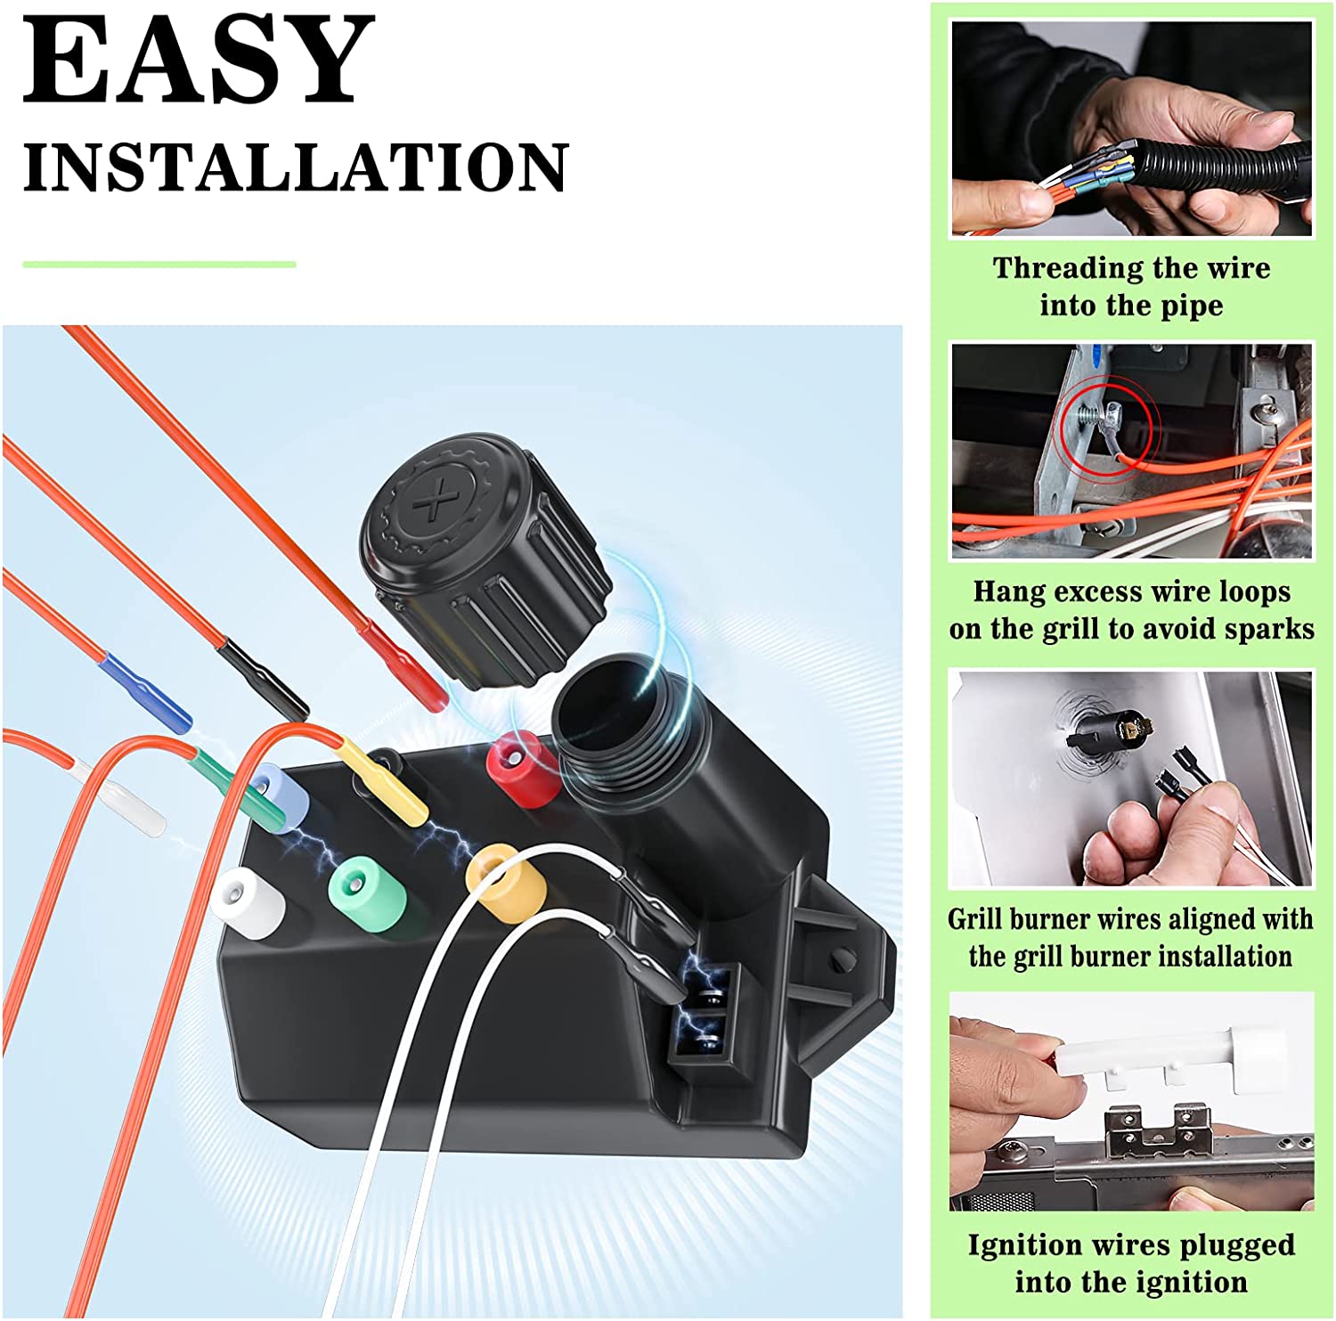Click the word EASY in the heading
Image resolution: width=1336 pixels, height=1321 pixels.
coord(198,60)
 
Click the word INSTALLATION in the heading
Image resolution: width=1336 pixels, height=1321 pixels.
coord(296,167)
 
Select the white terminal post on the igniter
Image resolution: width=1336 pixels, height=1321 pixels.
coord(248,901)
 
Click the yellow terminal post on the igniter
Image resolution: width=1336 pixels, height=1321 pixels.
coord(506,880)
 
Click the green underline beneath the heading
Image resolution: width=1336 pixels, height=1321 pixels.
coord(159,265)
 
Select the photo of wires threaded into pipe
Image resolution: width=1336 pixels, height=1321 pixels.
coord(1132,128)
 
